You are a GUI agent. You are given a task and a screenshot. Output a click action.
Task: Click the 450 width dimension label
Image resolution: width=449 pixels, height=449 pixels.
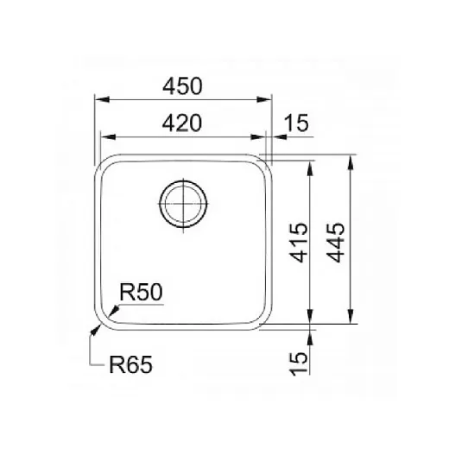pos(182,86)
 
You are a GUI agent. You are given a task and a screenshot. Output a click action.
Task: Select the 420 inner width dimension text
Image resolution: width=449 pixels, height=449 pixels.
pos(182,123)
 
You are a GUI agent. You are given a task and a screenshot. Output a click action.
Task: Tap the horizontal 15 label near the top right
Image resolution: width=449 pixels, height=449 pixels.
pos(296,123)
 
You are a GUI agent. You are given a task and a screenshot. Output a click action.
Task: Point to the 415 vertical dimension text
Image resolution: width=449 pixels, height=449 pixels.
pos(299,243)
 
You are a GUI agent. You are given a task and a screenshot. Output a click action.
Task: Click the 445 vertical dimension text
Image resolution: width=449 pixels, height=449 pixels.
pos(335,243)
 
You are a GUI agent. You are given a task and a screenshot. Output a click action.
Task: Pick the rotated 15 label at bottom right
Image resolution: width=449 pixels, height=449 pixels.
pos(299,364)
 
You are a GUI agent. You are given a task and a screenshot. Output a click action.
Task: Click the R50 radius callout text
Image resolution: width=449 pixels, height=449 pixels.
pos(141,292)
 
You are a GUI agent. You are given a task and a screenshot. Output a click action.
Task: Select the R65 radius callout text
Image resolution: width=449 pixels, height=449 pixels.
pos(130,364)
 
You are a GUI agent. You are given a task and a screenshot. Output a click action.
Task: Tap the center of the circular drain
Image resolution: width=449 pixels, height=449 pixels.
pos(183,204)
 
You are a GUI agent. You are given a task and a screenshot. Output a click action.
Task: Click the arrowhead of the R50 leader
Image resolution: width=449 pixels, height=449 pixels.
pos(114,311)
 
